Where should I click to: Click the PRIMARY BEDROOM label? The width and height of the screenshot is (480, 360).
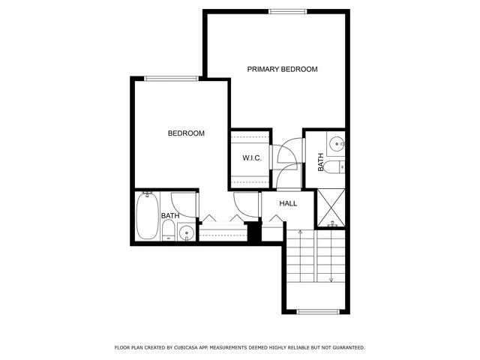pyautogui.click(x=283, y=69)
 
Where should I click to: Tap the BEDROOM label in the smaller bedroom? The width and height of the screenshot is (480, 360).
pyautogui.click(x=186, y=133)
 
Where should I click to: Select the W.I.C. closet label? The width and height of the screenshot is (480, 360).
pyautogui.click(x=250, y=158)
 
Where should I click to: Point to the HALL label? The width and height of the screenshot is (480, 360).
pyautogui.click(x=288, y=203)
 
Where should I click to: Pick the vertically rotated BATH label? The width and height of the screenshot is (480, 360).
pyautogui.click(x=321, y=162)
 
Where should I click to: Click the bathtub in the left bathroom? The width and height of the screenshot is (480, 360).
pyautogui.click(x=148, y=215)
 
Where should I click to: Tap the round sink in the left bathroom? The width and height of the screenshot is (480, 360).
pyautogui.click(x=186, y=234)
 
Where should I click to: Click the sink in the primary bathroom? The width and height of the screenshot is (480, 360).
pyautogui.click(x=337, y=142)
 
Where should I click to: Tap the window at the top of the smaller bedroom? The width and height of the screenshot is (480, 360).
pyautogui.click(x=172, y=77)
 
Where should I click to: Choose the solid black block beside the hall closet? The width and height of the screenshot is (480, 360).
pyautogui.click(x=253, y=233)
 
